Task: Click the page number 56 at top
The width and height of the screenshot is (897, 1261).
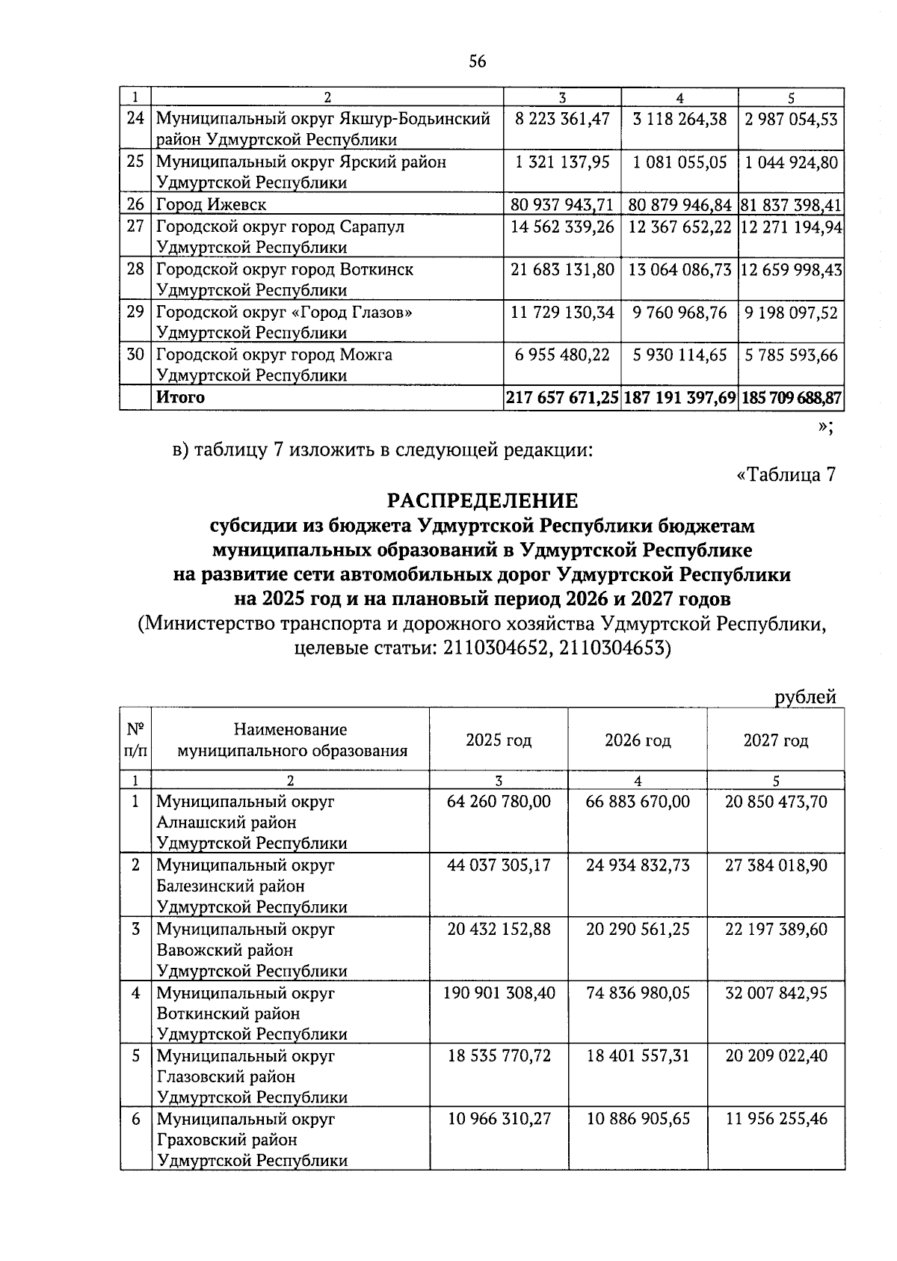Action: (477, 61)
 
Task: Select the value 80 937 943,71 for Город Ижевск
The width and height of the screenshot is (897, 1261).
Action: (561, 204)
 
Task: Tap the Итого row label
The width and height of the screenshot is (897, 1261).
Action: (179, 398)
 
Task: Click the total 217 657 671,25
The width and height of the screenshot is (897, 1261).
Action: (562, 398)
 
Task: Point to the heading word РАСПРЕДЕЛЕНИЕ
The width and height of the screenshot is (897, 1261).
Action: (482, 500)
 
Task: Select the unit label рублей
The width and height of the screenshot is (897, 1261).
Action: (805, 697)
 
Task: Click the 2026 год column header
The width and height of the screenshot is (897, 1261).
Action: (638, 740)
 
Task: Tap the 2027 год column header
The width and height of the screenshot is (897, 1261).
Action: (776, 740)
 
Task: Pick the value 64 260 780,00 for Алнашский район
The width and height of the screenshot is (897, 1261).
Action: (499, 802)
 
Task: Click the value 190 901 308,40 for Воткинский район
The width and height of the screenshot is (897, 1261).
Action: (499, 992)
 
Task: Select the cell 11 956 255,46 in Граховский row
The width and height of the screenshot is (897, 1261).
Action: (776, 1120)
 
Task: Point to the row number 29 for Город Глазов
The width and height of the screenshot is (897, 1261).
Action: (135, 312)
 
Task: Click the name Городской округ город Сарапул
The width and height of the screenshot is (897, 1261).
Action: (280, 227)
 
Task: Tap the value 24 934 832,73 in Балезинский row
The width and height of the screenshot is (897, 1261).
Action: (638, 865)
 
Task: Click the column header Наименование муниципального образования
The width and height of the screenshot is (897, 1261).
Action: (291, 740)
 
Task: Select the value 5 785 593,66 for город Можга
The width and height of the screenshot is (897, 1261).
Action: (790, 355)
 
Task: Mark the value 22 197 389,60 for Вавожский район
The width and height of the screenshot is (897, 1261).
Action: (776, 929)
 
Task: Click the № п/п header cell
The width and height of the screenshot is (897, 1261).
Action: (135, 740)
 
